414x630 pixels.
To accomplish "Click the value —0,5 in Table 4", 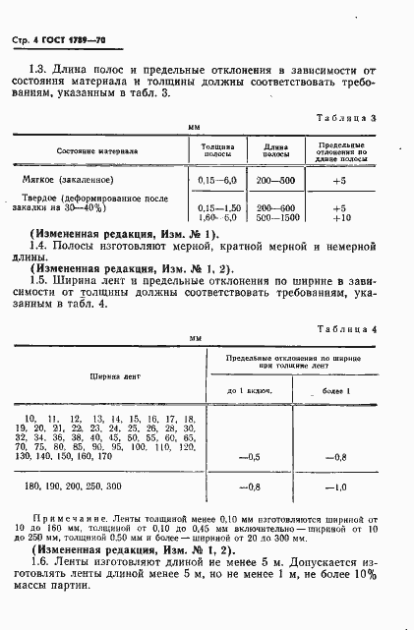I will tap(249, 456).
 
